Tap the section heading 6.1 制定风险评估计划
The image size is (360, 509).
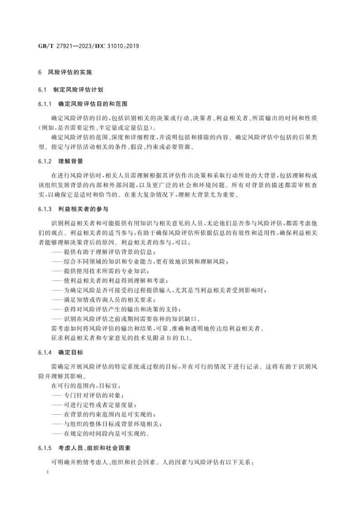[71, 89]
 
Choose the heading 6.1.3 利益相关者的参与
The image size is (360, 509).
[73, 209]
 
